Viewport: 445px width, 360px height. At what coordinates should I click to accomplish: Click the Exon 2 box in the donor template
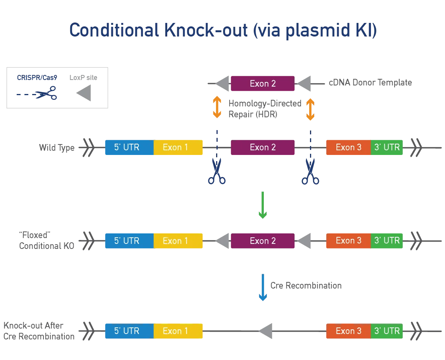tap(263, 83)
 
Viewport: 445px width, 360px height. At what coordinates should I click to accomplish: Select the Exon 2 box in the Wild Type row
tap(263, 148)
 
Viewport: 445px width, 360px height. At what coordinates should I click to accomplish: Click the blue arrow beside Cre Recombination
tap(263, 287)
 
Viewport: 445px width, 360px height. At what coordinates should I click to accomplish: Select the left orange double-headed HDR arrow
tap(217, 108)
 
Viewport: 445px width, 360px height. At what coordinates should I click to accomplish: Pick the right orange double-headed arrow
tap(310, 109)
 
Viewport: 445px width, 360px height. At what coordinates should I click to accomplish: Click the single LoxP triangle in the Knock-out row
tap(266, 331)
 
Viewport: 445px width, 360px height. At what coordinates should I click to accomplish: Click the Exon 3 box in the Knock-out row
tap(348, 331)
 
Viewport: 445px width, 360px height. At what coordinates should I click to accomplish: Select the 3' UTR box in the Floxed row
tap(386, 241)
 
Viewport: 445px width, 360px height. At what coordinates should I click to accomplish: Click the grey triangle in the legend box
tap(84, 94)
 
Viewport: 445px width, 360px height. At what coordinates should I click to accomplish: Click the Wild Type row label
tap(57, 148)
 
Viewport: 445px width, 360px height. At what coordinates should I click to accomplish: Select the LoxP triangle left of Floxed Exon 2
tap(222, 241)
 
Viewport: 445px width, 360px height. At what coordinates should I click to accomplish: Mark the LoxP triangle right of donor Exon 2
tap(304, 83)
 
